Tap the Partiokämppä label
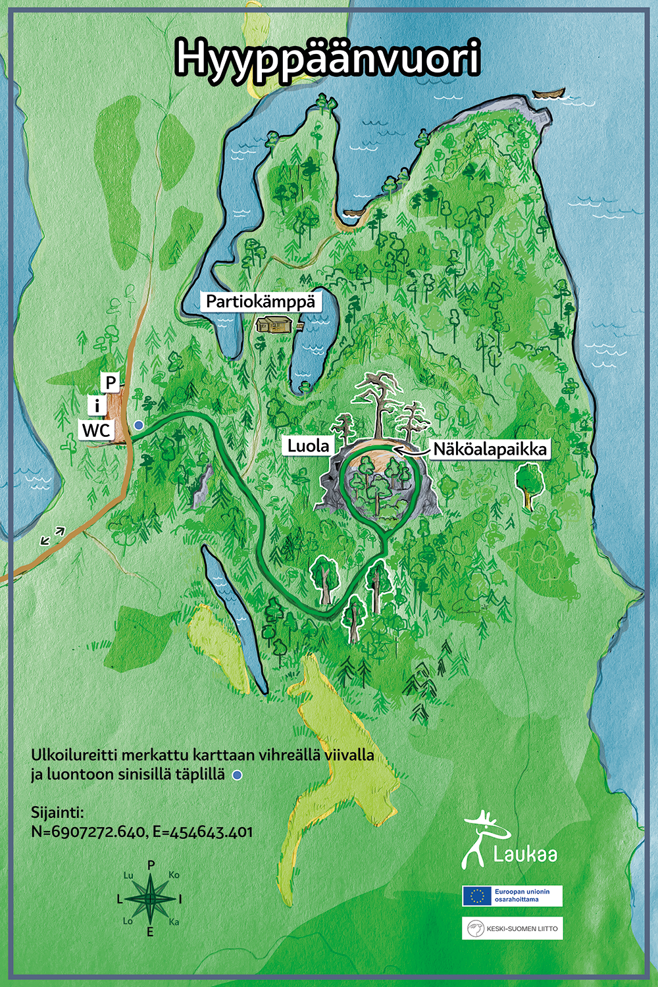point(261,302)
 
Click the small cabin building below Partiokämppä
point(275,324)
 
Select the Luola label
point(308,446)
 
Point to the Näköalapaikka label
point(490,449)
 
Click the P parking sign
point(111,382)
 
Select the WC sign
point(97,431)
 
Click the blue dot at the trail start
point(139,426)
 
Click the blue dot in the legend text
point(238,775)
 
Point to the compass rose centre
point(151,898)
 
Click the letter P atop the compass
point(151,865)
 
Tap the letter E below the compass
point(150,932)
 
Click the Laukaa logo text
point(524,854)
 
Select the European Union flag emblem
point(477,896)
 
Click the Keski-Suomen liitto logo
point(512,928)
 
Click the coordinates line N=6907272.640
point(141,832)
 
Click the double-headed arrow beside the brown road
point(53,536)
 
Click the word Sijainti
point(57,811)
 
